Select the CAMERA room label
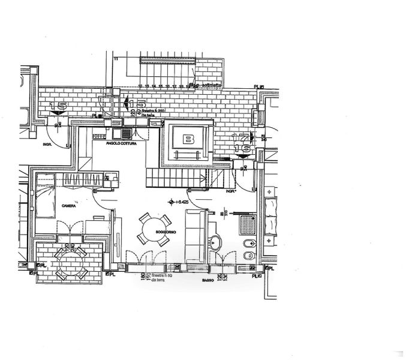tap(68, 205)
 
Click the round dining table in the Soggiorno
tap(151, 229)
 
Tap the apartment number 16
tap(243, 148)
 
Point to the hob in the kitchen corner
tap(127, 133)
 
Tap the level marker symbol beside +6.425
tap(172, 202)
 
